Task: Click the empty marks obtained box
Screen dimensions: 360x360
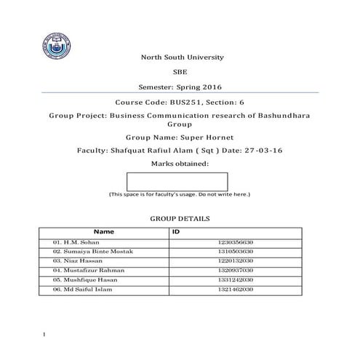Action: pos(177,181)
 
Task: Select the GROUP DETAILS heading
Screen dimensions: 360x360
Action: pos(180,218)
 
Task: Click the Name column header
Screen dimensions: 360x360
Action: pos(103,232)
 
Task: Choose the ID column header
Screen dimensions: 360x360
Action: pos(176,232)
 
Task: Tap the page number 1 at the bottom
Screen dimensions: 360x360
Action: pos(45,335)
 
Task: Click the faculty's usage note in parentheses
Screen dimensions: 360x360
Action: pos(179,195)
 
